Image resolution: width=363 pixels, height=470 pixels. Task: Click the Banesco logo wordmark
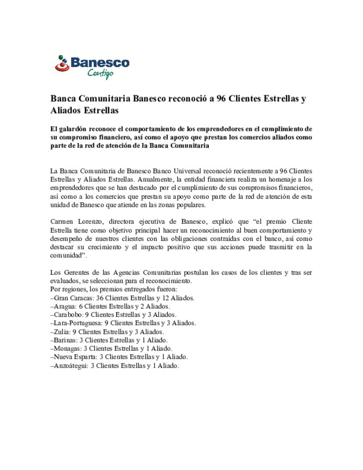pos(100,63)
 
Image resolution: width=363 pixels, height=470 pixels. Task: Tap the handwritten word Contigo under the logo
pos(100,73)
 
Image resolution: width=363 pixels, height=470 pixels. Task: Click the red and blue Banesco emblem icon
pos(62,64)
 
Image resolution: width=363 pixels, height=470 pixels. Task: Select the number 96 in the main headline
pos(221,99)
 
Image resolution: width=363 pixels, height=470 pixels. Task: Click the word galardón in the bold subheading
pos(73,129)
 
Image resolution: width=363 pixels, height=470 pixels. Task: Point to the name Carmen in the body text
pos(62,222)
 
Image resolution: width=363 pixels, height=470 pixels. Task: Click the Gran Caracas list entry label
pos(73,298)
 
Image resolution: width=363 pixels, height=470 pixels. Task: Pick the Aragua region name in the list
pos(65,306)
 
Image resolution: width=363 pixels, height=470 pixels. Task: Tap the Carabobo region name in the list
pos(68,315)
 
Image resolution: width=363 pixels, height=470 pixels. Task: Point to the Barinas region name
pos(65,340)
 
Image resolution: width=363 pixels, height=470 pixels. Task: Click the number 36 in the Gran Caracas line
pos(100,298)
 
